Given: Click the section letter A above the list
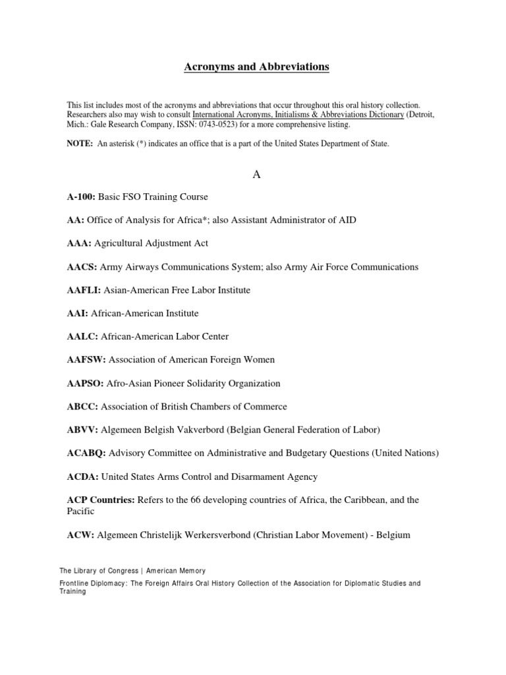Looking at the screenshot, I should (x=253, y=174).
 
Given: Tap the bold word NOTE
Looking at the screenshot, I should (x=80, y=144).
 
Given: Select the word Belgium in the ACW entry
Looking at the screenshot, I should (x=393, y=535).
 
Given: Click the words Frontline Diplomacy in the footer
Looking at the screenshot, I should (x=92, y=583).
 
